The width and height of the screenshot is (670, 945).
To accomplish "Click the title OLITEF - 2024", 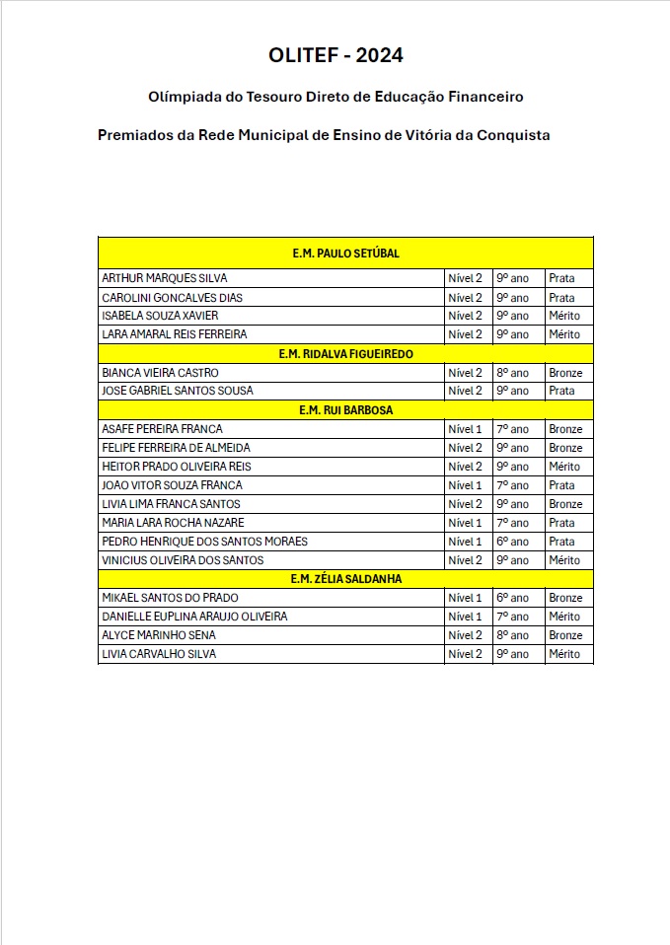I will tap(335, 55).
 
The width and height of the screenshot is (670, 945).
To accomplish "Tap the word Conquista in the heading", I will tap(509, 134).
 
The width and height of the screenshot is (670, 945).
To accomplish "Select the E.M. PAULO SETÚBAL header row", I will tap(345, 254).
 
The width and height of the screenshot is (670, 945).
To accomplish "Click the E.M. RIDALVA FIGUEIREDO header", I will tap(345, 353).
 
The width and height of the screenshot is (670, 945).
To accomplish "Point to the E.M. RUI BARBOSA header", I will tap(345, 409).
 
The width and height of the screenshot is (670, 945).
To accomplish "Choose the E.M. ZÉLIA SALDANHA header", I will tap(345, 579).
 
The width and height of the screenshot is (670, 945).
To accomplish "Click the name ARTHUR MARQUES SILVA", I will tap(165, 278).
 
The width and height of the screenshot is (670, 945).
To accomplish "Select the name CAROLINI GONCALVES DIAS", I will tap(173, 298).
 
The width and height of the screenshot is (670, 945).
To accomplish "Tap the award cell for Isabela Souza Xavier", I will tap(564, 316).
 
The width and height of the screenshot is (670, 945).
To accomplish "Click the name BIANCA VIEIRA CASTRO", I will tap(161, 373).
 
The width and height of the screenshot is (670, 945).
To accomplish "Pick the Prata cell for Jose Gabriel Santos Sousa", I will tap(561, 391).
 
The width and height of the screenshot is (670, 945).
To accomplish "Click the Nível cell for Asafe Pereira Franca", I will tap(465, 429).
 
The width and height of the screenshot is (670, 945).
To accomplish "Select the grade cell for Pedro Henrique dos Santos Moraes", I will tap(512, 542).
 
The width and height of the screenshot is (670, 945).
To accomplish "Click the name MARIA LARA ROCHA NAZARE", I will tap(174, 523).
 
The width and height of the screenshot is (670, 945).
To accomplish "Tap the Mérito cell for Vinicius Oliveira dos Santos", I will tap(564, 560).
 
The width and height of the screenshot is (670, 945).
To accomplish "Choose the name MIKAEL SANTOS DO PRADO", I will tap(170, 598).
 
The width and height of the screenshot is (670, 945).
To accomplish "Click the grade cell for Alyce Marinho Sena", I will tap(512, 635).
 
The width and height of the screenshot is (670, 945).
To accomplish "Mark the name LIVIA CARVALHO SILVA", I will tap(159, 654).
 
